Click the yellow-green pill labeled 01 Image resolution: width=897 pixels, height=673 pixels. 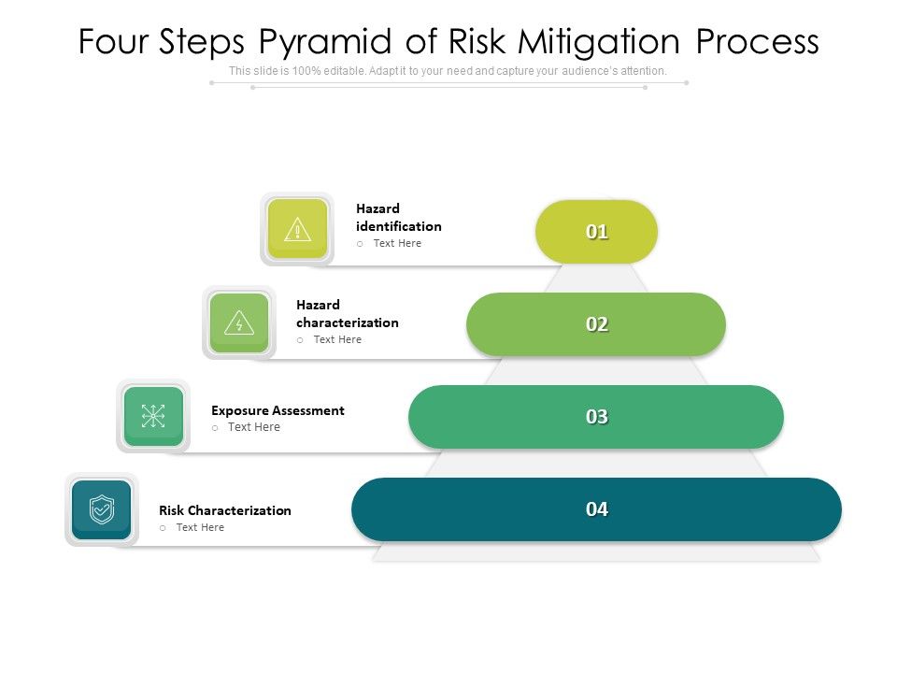[x=596, y=232]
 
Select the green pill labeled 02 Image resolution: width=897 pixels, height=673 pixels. [x=596, y=324]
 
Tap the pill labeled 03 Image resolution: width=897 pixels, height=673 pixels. [x=596, y=417]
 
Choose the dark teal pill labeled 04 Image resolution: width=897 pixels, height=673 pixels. [x=596, y=509]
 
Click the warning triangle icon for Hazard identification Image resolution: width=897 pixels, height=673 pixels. [x=297, y=229]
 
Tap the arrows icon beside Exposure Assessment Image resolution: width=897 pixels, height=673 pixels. [x=153, y=416]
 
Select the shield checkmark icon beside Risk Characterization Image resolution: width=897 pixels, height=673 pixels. [x=101, y=509]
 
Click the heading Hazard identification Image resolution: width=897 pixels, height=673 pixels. [x=398, y=218]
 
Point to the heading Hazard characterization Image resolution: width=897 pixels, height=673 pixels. [x=347, y=314]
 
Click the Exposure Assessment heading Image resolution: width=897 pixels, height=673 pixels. [x=278, y=410]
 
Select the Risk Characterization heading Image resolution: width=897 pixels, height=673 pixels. [x=225, y=510]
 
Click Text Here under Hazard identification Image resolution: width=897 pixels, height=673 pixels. [x=397, y=243]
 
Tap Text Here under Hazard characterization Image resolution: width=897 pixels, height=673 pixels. [x=337, y=339]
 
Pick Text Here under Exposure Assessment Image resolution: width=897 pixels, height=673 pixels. [x=254, y=427]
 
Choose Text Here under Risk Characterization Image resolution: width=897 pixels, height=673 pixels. [x=200, y=527]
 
